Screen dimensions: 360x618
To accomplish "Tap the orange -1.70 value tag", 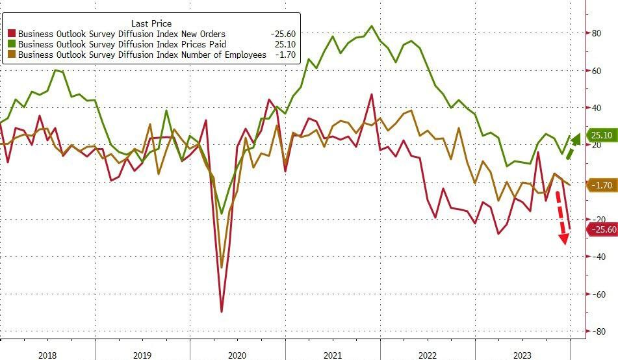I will click(602, 185).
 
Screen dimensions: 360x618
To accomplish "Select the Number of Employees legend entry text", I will click(142, 55).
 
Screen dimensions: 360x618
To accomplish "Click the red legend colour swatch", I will click(12, 34).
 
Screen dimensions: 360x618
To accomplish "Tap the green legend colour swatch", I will click(12, 45).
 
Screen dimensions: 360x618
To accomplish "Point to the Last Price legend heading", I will click(151, 23).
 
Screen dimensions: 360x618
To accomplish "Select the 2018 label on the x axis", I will click(47, 355).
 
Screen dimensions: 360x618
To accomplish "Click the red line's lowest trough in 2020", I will click(222, 312).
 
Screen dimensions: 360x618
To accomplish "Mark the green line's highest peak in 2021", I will click(371, 26).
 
